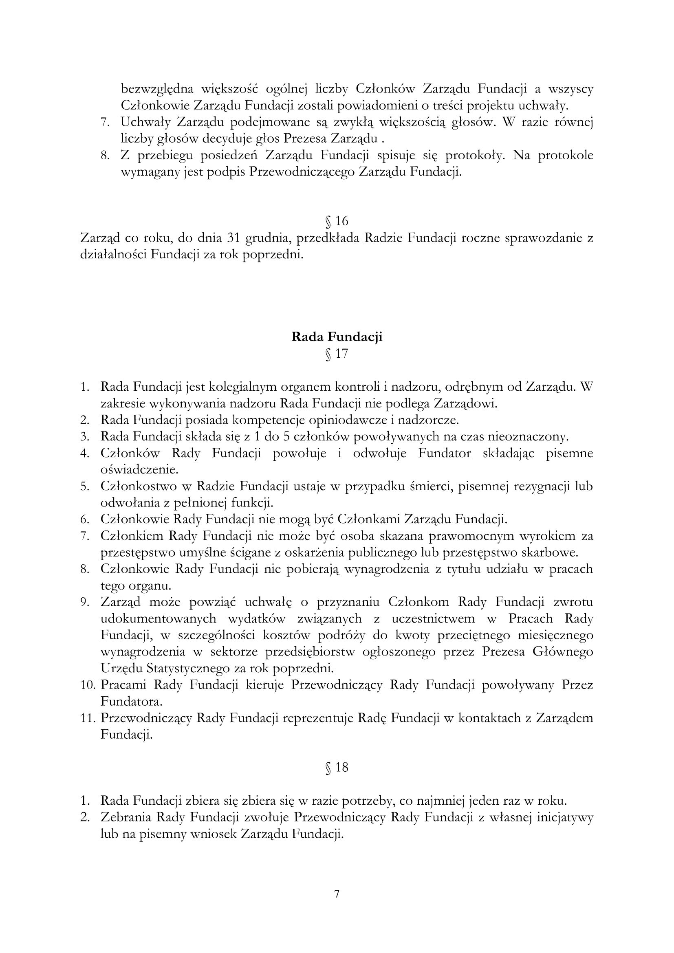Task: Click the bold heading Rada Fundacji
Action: click(x=337, y=337)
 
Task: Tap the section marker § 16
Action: click(x=337, y=221)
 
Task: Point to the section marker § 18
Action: click(x=337, y=768)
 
